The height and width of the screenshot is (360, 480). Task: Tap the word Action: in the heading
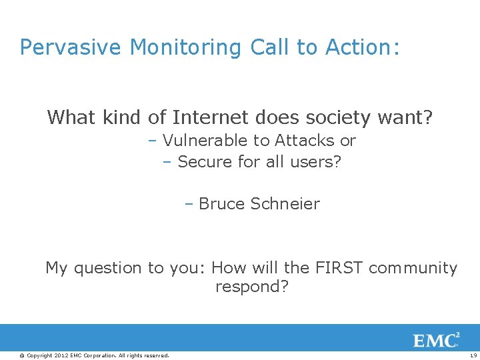click(362, 47)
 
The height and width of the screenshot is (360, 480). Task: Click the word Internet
click(211, 118)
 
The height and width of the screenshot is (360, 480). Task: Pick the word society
click(337, 118)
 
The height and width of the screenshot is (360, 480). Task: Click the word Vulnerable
click(205, 141)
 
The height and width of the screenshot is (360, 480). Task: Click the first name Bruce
click(222, 204)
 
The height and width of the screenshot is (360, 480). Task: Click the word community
click(413, 268)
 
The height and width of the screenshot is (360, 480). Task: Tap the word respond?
click(252, 287)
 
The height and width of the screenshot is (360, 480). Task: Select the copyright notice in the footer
click(94, 355)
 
